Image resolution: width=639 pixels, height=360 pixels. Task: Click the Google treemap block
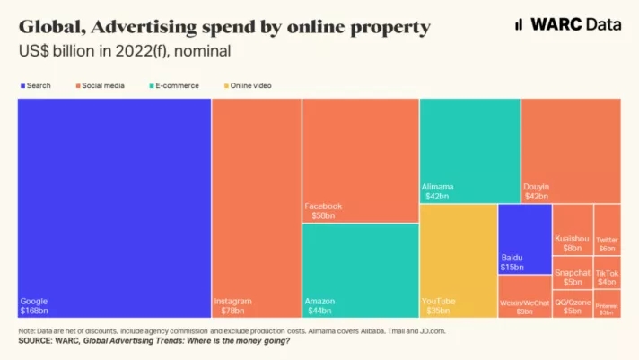114,207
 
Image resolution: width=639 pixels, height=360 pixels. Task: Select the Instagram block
256,207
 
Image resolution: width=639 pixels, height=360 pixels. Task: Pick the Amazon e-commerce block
360,269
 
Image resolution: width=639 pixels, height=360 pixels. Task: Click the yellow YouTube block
457,260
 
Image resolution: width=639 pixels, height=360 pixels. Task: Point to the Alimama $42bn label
436,191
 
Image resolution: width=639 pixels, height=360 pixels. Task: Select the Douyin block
570,150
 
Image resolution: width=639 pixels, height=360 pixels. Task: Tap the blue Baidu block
524,238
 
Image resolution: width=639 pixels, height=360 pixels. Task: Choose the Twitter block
607,230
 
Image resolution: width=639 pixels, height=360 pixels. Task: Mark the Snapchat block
572,276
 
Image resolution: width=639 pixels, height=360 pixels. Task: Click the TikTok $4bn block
607,276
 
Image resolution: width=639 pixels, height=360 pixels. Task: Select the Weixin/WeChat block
524,297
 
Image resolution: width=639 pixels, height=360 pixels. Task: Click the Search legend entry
36,85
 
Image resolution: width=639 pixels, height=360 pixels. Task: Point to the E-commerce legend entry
175,85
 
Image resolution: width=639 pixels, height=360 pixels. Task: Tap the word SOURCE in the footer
35,341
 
